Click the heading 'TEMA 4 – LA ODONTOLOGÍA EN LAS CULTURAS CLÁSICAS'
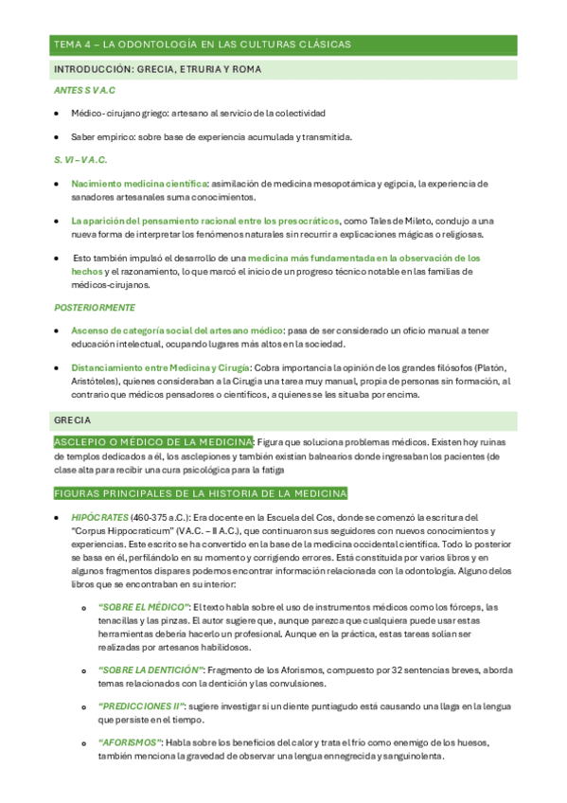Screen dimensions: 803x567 pos(203,45)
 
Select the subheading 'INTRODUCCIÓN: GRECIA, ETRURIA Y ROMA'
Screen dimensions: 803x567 pos(158,70)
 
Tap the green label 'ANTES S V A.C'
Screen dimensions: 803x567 pos(85,91)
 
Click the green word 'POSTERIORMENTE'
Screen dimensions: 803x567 pos(95,308)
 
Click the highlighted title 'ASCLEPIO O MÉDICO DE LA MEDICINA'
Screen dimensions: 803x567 pos(152,442)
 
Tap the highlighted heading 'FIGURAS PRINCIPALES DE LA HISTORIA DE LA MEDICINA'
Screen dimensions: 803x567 pos(200,493)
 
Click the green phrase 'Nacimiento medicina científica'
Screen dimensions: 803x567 pos(139,184)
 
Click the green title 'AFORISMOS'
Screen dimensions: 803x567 pos(131,741)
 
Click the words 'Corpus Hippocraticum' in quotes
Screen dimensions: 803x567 pos(119,531)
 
